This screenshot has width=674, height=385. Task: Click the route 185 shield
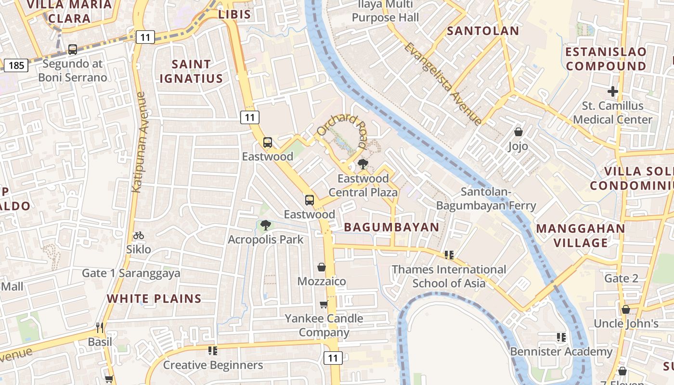(16, 65)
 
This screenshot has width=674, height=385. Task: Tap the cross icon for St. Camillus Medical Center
(612, 91)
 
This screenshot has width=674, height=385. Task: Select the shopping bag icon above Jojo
(518, 131)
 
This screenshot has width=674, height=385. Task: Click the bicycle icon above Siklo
(139, 235)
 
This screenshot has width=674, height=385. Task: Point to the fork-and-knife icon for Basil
(100, 328)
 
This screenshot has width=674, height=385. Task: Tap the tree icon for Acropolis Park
(265, 225)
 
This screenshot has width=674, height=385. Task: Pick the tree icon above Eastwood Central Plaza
(363, 165)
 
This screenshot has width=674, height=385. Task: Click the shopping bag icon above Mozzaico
(321, 267)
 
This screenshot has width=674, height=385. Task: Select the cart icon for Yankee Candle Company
(324, 304)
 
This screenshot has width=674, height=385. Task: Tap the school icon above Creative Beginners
(212, 350)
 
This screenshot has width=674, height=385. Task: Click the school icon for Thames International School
(449, 255)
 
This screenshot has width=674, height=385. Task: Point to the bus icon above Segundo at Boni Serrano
(73, 49)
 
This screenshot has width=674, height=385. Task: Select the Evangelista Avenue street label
(442, 84)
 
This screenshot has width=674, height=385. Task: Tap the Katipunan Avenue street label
(140, 142)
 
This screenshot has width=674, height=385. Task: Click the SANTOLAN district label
(483, 31)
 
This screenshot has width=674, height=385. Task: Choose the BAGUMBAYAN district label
(391, 227)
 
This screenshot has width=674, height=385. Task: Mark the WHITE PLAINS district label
(154, 298)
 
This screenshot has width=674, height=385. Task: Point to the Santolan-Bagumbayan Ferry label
(486, 199)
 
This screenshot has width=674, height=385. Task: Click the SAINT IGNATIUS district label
(191, 71)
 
